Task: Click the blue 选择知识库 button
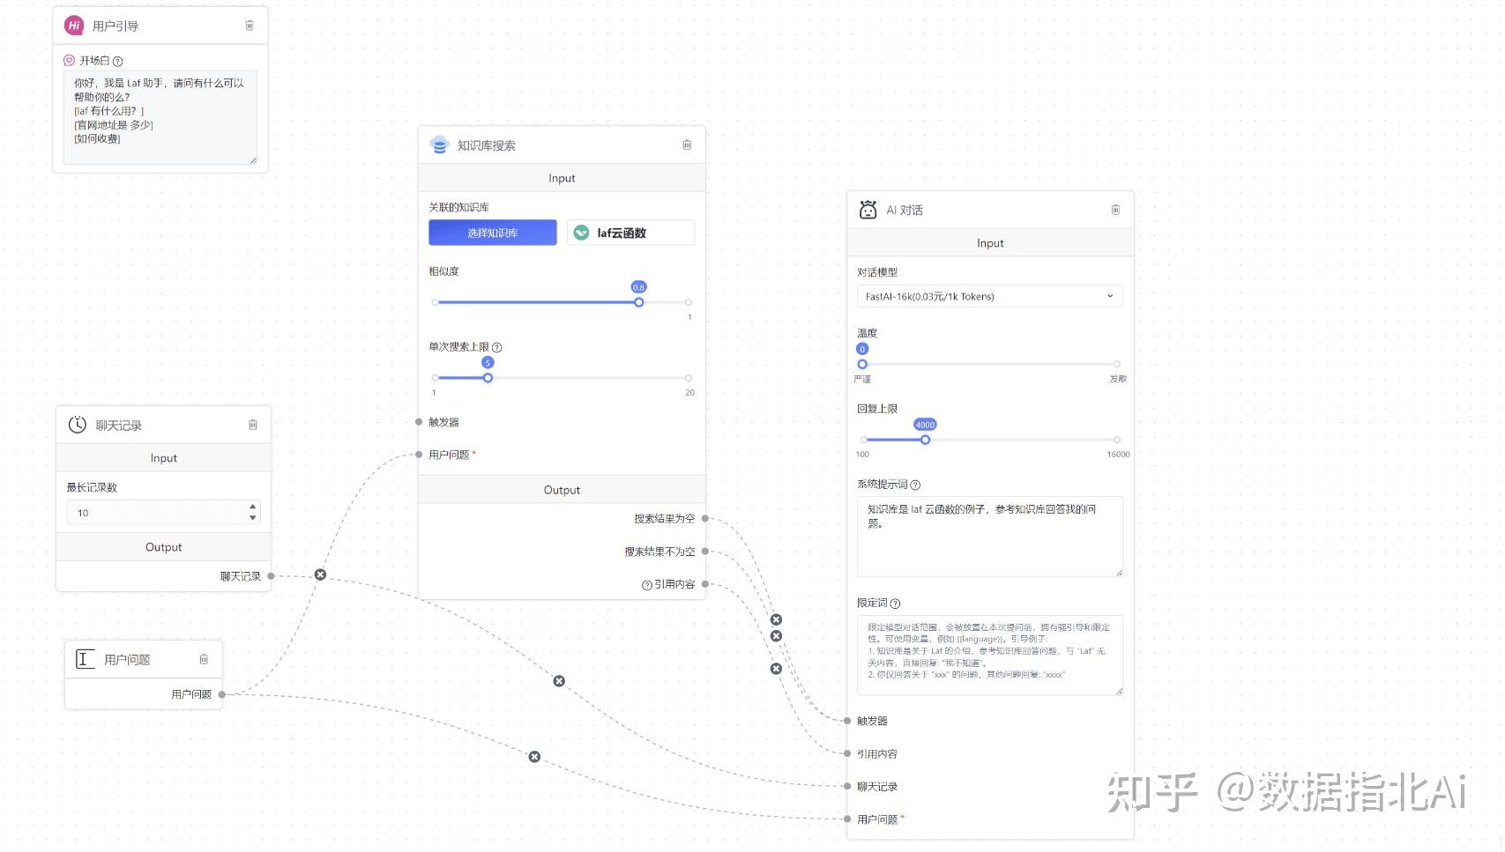tap(492, 233)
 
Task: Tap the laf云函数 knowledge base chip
tap(630, 233)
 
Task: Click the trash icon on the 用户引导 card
tap(250, 26)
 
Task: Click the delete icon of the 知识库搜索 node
tap(687, 145)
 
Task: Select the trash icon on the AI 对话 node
tap(1115, 210)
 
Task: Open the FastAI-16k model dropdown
tap(989, 296)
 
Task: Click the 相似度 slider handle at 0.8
tap(638, 302)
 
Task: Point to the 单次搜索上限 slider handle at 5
tap(488, 378)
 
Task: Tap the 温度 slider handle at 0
tap(862, 364)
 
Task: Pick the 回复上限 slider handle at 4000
tap(925, 440)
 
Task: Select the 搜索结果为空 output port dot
tap(705, 519)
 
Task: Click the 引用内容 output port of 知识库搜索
tap(705, 584)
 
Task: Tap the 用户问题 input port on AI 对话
tap(847, 819)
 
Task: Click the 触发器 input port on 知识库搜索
tap(419, 422)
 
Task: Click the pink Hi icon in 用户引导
tap(74, 26)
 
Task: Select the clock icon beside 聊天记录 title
tap(78, 425)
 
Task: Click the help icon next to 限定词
tap(896, 604)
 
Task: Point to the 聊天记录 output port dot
tap(271, 576)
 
